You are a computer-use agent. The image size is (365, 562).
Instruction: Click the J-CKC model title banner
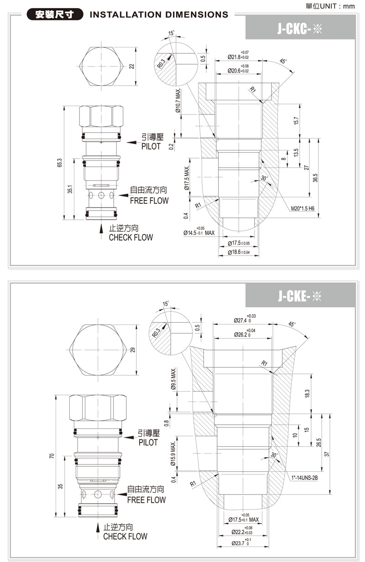coord(300,28)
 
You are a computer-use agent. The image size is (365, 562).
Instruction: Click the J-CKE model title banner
coord(300,297)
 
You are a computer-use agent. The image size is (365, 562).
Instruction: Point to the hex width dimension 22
coord(132,66)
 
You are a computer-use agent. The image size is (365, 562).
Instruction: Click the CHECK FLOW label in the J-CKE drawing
coord(125,536)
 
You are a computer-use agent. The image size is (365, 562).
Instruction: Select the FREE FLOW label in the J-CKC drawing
coord(149,201)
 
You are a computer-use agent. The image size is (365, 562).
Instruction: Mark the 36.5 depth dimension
coord(315,178)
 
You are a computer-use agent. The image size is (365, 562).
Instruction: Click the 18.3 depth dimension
coord(307,392)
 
